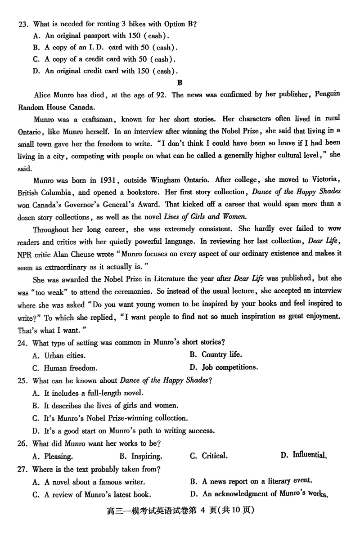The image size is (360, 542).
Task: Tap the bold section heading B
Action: click(180, 82)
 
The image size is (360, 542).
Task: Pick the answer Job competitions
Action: click(229, 367)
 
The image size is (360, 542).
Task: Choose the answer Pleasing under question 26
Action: click(58, 456)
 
